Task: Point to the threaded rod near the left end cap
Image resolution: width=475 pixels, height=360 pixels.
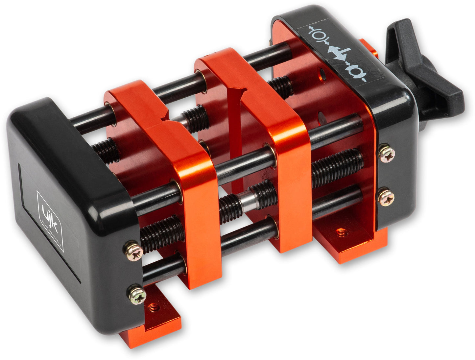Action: pos(161,233)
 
